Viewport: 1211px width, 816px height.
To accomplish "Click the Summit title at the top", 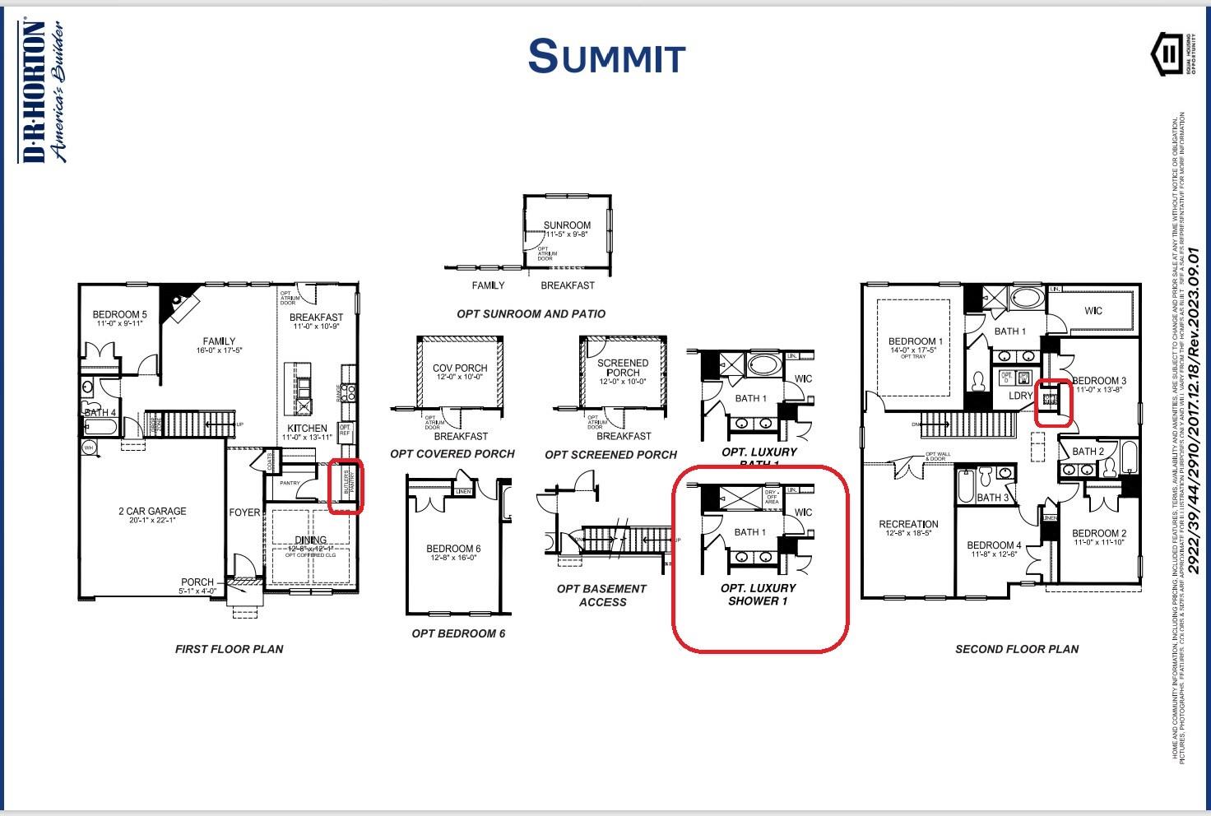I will (606, 56).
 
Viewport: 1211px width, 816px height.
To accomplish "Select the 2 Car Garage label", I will (152, 512).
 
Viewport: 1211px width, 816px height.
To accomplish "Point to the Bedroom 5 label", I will (119, 314).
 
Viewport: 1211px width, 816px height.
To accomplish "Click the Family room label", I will (219, 341).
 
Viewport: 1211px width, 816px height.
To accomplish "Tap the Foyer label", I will (244, 512).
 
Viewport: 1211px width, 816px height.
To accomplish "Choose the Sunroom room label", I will (567, 225).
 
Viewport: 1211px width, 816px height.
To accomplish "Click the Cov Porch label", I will (460, 368).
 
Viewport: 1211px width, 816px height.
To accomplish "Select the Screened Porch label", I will (623, 368).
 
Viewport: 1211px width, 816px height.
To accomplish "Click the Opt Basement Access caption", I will (602, 596).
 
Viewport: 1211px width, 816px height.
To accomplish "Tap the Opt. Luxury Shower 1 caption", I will (758, 595).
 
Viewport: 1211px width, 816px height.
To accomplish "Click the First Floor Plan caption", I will (229, 649).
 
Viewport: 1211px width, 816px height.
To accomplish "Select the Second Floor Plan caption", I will (1017, 649).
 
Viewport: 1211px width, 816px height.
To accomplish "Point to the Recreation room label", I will (908, 524).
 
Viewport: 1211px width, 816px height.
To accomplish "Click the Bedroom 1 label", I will (916, 341).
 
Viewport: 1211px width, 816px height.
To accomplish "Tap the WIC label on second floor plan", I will (1093, 311).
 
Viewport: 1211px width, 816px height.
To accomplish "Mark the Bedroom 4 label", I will (994, 545).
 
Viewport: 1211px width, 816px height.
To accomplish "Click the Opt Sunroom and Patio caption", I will (531, 314).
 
